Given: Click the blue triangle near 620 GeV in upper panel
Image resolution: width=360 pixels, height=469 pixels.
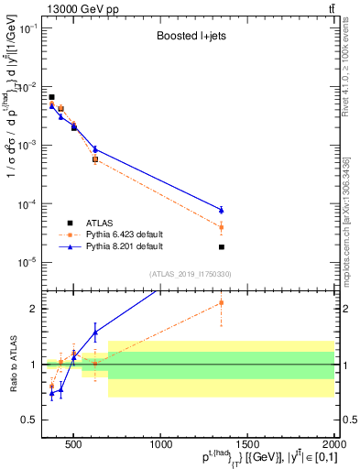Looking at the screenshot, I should pos(95,149).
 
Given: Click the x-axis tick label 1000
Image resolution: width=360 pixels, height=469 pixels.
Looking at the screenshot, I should pos(161,445).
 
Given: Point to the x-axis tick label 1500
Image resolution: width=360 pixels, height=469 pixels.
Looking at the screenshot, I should pos(248,445).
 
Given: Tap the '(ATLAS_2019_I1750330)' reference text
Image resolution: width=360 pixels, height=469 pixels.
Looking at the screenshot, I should pos(191,274).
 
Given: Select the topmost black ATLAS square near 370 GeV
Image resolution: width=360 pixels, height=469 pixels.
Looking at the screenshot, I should pos(52,97).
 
